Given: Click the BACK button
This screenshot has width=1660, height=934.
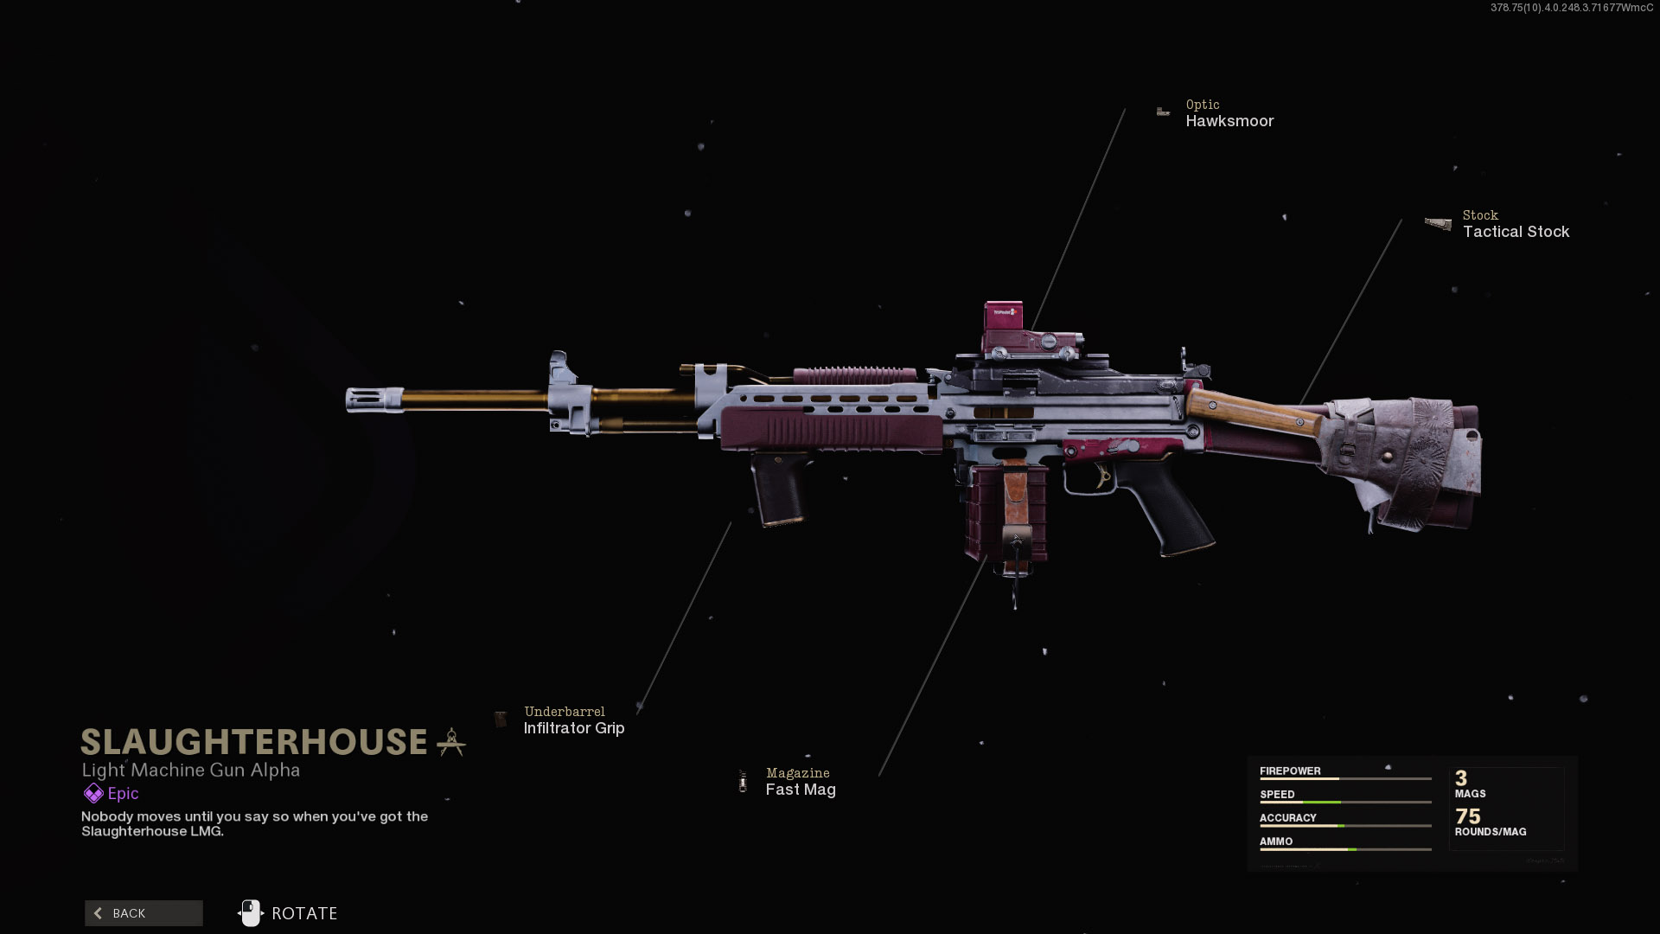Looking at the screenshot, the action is (144, 913).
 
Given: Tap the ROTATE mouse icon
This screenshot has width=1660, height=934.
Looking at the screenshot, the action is (250, 913).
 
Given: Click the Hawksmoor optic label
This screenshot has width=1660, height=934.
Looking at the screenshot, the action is (1229, 121).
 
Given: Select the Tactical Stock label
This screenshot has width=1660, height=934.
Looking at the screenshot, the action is (1515, 232).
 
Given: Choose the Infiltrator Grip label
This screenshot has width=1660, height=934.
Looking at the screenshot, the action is (573, 728).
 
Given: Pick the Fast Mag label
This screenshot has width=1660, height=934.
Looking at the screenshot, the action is (800, 790).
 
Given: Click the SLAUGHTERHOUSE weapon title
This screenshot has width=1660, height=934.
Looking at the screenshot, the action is (254, 742).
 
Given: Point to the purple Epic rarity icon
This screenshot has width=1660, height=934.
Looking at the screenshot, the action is (93, 793).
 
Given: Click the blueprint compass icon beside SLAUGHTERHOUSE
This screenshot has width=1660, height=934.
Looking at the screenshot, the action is (451, 742).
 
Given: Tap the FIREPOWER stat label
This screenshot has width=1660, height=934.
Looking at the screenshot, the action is (1289, 771).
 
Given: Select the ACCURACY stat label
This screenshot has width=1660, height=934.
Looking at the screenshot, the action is (1287, 817).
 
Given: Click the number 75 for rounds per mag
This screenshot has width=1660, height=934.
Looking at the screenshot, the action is (1467, 816).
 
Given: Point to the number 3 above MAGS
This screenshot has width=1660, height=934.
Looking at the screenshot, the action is (1460, 777).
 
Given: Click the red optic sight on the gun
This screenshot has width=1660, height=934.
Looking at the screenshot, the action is (1005, 323).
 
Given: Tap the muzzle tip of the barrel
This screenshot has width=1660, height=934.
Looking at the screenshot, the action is (363, 400).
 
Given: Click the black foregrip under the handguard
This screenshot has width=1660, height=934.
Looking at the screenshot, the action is (781, 489).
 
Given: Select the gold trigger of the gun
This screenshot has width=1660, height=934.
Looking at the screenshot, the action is (1103, 476).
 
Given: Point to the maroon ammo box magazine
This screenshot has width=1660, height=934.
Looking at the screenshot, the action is (1005, 519).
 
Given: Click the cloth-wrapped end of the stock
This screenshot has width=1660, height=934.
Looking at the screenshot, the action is (1409, 458).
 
